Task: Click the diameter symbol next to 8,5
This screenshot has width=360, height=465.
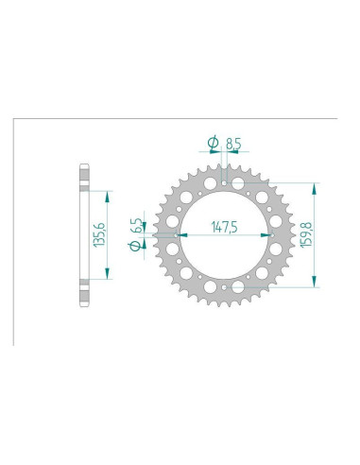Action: pyautogui.click(x=213, y=145)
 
